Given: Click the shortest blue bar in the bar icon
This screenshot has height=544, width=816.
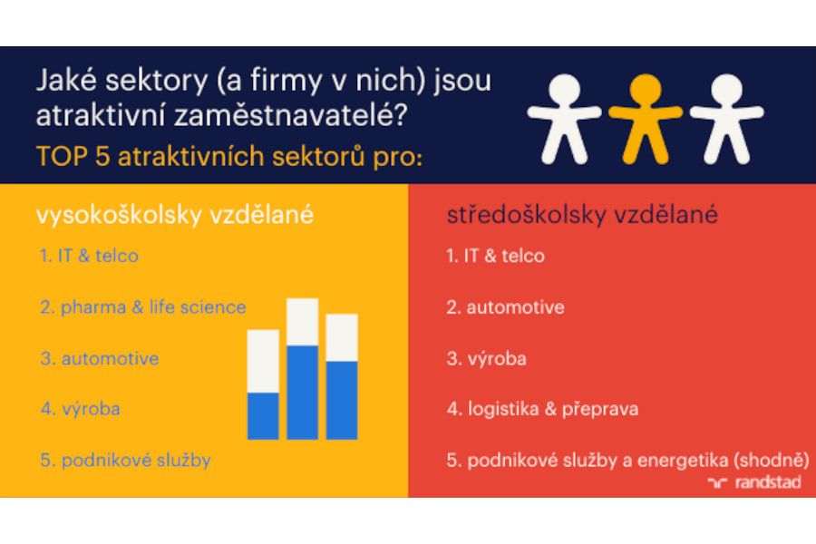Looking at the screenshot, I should (263, 415).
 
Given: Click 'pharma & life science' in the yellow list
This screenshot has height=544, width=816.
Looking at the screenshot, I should (152, 306).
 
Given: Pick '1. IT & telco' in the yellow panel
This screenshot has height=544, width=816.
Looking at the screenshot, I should (89, 256).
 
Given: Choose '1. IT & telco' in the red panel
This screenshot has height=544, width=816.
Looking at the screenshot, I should (495, 256).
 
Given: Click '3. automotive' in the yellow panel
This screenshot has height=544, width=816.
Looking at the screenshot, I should (99, 358).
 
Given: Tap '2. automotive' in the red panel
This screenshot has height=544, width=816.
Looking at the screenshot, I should (505, 307).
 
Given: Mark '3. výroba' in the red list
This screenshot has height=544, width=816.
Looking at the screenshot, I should (486, 358).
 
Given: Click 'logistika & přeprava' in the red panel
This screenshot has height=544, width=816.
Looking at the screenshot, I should (553, 409).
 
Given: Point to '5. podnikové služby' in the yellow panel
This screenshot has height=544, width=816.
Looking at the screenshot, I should (125, 460).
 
